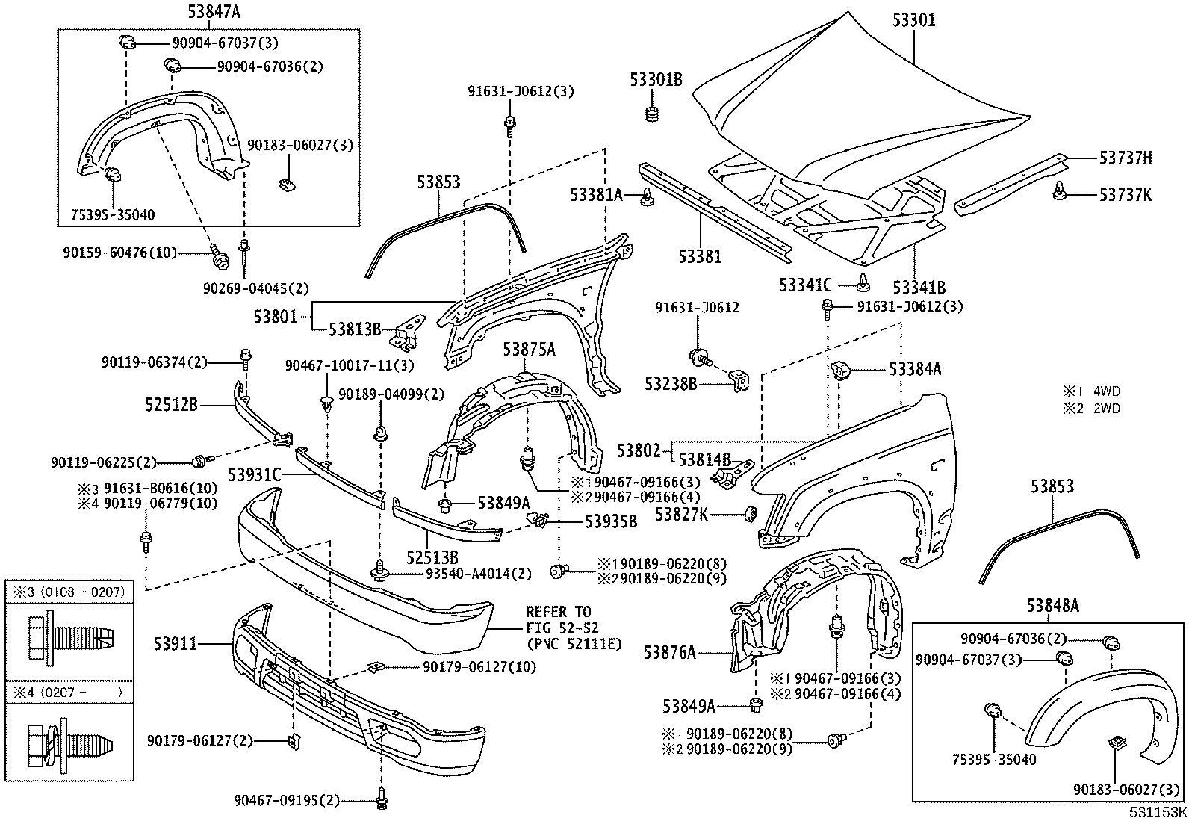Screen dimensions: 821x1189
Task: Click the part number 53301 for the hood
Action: tap(913, 20)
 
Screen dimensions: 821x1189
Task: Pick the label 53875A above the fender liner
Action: tap(529, 349)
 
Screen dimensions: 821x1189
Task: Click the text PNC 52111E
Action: tap(574, 643)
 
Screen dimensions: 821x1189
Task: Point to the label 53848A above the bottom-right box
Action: tap(1052, 605)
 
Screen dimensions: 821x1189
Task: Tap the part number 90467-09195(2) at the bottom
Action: tap(287, 801)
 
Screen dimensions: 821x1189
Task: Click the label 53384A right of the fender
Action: tap(915, 369)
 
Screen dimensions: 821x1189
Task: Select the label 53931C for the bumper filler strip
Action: tap(255, 474)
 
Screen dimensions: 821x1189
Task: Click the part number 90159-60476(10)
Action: tap(119, 253)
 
